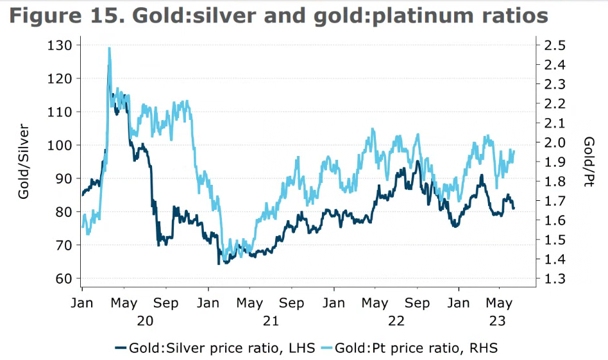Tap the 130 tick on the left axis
pos(63,45)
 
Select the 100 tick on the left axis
pos(63,145)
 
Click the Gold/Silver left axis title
pos(24,160)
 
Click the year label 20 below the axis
pos(146,321)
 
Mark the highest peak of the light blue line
pos(110,48)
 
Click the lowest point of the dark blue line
pos(219,263)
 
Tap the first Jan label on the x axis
pos(83,303)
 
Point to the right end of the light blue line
pos(514,151)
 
